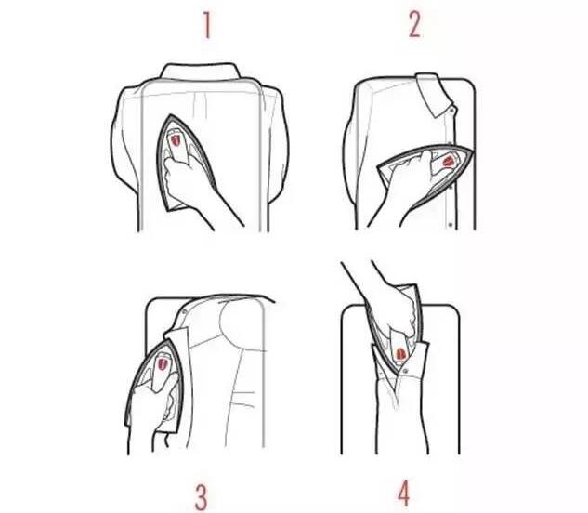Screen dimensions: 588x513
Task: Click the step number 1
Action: point(206,25)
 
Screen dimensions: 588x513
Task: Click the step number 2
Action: point(414,25)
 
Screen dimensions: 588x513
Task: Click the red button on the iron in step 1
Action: point(176,140)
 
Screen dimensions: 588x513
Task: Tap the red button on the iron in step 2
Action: point(449,162)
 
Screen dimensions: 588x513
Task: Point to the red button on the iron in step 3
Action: point(163,363)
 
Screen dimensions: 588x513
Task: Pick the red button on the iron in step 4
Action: point(400,353)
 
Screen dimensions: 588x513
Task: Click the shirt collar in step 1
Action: point(201,72)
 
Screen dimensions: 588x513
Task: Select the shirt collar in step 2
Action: point(435,95)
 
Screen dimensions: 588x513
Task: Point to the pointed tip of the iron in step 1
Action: point(171,115)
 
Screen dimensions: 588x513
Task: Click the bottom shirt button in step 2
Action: point(450,225)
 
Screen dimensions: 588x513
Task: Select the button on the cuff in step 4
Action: point(406,371)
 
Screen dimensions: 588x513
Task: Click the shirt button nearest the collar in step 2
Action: point(451,110)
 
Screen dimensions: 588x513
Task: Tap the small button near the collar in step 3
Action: point(185,311)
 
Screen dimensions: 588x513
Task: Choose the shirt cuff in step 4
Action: point(399,361)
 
